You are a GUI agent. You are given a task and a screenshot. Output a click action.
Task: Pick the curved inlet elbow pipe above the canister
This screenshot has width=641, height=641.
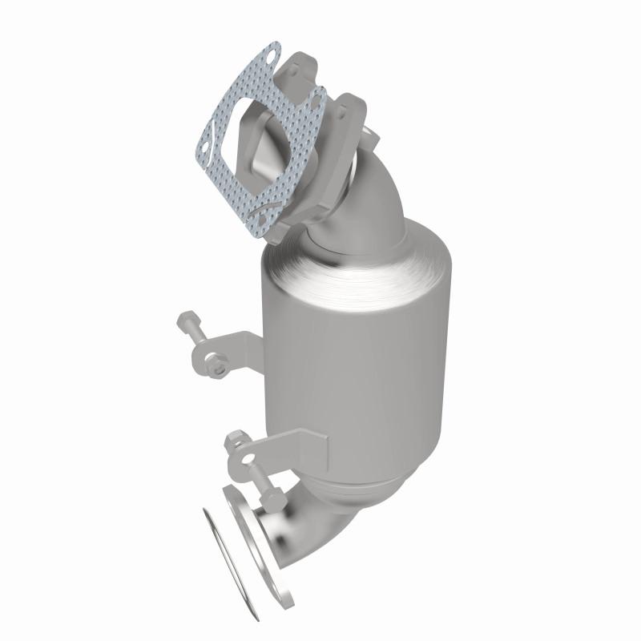point(377,200)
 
